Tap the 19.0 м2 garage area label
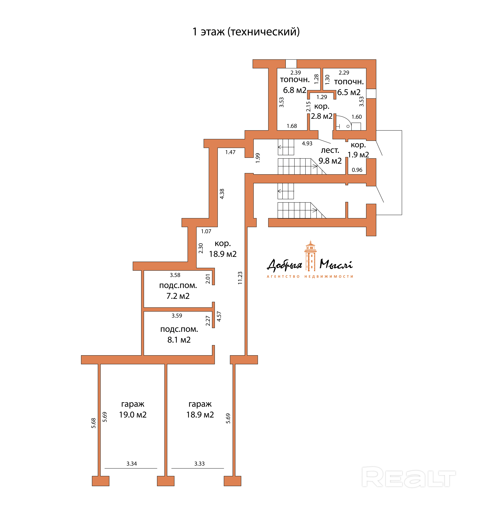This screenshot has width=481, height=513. tap(133, 414)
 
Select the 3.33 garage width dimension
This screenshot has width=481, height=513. tap(199, 463)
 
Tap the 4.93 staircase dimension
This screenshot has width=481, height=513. tap(307, 143)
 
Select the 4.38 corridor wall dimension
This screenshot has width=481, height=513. tap(222, 194)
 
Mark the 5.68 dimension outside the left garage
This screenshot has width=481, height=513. tap(94, 423)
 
